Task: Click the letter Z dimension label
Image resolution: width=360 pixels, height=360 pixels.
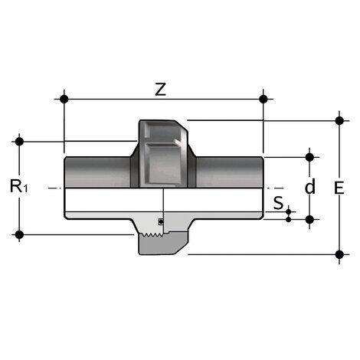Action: click(159, 89)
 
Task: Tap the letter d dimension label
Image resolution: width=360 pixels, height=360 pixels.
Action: click(309, 188)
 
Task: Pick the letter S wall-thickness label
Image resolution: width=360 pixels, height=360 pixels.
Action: click(278, 204)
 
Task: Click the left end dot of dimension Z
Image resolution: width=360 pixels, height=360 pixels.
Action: click(64, 99)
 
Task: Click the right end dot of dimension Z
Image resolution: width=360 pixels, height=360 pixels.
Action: click(263, 99)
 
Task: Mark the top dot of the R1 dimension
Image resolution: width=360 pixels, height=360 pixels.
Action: click(20, 141)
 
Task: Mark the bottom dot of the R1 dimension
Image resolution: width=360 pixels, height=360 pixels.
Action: click(20, 234)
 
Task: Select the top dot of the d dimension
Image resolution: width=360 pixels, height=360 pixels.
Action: click(309, 157)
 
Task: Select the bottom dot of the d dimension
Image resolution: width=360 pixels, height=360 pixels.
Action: click(309, 219)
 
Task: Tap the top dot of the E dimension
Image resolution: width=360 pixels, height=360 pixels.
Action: click(339, 119)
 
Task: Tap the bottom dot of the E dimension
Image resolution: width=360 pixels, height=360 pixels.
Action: click(339, 254)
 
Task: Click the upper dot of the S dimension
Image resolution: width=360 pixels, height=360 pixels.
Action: click(289, 211)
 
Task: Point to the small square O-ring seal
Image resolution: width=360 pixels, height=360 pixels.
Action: click(160, 221)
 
